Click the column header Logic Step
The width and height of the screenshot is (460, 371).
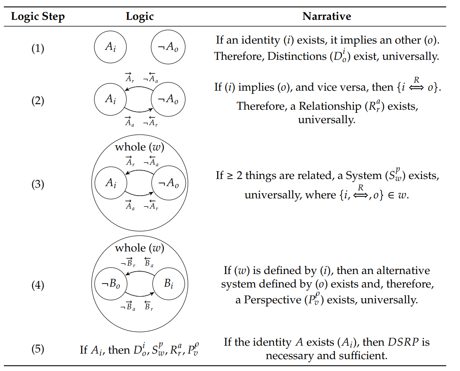point(38,17)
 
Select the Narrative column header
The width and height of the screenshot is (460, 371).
point(326,17)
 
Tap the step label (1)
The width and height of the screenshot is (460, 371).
point(38,49)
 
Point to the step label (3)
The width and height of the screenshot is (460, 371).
point(38,185)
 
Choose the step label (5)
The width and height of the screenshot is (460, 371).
point(38,350)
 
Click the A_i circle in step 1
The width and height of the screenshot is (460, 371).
point(110,48)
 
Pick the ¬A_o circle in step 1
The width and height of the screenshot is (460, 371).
point(168,48)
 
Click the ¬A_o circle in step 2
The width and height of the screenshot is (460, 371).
point(168,99)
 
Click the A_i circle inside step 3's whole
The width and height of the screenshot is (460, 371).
point(110,183)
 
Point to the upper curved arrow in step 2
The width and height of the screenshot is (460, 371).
point(139,88)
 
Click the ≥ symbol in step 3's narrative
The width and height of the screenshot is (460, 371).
point(229,175)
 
